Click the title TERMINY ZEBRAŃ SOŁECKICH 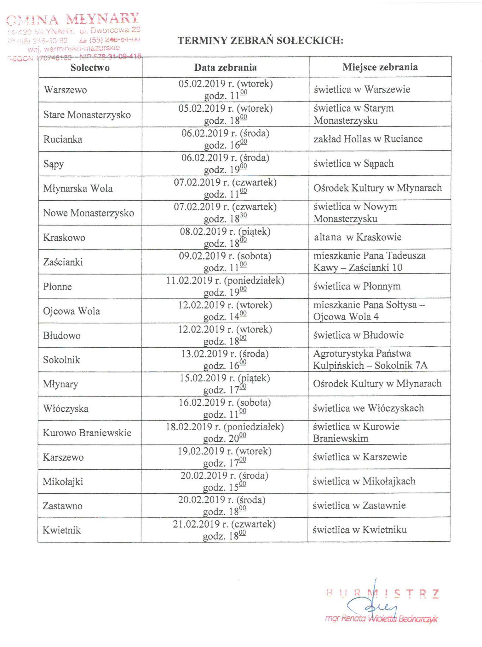click(x=260, y=41)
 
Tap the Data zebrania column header click(x=225, y=68)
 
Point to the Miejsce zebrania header click(x=380, y=67)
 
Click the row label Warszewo click(x=66, y=90)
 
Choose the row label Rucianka click(x=63, y=139)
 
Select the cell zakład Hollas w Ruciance click(x=368, y=139)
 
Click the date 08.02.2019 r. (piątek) click(x=225, y=232)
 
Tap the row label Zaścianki click(x=63, y=262)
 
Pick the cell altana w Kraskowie click(x=358, y=237)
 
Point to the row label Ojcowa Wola click(x=72, y=311)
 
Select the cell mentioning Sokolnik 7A click(x=370, y=360)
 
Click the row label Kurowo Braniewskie click(x=87, y=433)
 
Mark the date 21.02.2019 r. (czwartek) click(x=224, y=524)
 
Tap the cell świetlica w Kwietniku click(x=359, y=530)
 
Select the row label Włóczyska click(x=66, y=409)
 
